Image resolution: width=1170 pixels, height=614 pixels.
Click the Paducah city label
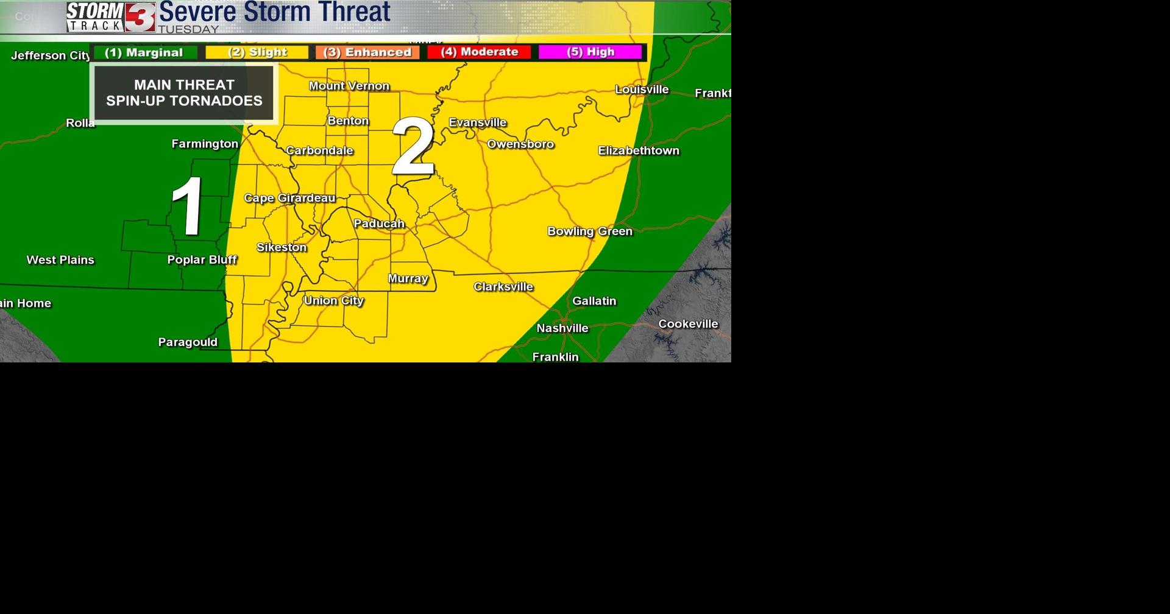[379, 224]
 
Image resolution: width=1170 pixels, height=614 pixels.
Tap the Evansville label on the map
[478, 122]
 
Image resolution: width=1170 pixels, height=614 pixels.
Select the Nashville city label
[562, 328]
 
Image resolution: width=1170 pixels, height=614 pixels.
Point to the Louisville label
[642, 90]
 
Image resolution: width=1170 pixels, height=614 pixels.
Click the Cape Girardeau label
[289, 198]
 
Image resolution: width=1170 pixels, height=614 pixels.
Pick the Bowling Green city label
[589, 231]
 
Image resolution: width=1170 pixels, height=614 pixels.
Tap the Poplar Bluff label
[202, 259]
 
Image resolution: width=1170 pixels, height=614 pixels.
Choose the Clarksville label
[503, 286]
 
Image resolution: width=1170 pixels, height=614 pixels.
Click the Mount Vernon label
[349, 86]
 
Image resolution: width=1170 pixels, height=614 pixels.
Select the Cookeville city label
[688, 324]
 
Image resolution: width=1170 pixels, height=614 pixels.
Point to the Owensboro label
[520, 144]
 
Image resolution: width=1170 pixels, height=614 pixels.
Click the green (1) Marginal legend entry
[144, 52]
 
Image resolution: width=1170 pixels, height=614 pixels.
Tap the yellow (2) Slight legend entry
[257, 52]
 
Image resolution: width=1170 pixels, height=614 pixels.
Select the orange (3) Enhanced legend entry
[367, 52]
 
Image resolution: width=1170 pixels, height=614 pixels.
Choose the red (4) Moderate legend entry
[480, 52]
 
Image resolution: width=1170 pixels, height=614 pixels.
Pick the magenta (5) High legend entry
[590, 52]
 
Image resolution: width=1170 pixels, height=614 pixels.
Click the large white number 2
[413, 147]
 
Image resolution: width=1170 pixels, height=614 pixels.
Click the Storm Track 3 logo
[111, 17]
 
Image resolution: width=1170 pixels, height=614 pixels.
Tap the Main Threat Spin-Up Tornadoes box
[184, 93]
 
